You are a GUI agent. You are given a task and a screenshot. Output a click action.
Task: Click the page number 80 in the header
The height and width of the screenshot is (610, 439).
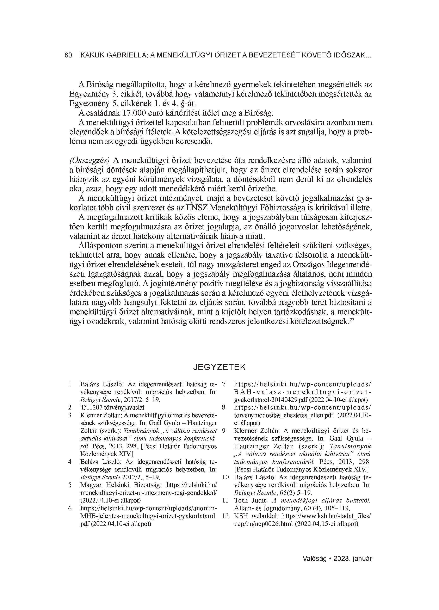68,55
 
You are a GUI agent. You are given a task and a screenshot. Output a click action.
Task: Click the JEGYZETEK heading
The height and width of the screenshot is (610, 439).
219,367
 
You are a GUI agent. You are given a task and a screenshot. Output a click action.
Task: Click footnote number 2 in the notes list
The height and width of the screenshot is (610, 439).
70,407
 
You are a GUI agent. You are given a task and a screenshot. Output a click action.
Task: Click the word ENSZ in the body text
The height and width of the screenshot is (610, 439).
197,208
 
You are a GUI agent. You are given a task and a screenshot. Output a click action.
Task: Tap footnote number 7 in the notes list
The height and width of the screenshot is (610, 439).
224,384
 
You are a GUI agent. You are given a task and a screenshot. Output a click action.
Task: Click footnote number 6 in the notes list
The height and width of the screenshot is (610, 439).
70,508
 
